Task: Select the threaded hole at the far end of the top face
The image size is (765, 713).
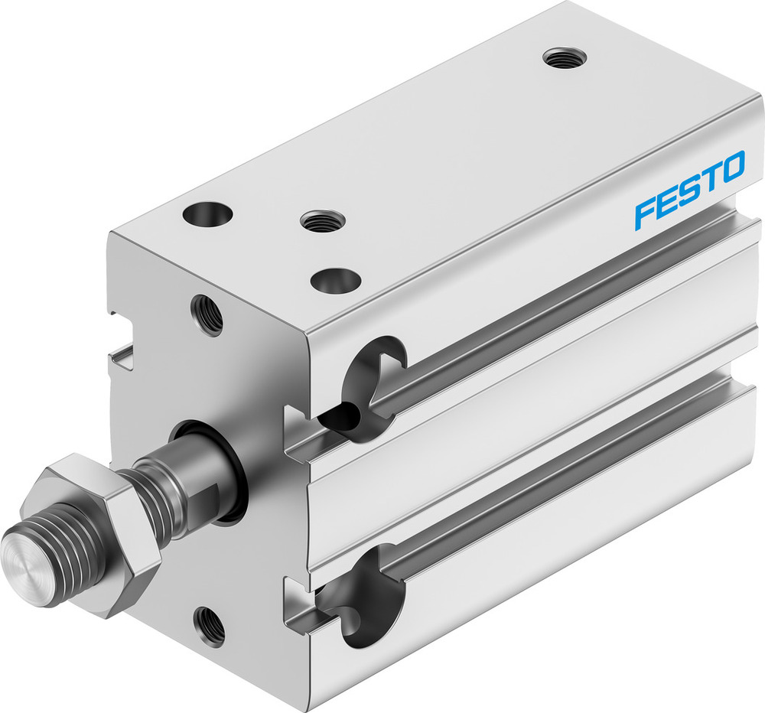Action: coord(565,58)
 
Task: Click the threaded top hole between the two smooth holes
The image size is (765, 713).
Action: coord(323,222)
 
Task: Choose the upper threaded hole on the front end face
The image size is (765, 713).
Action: coord(207,314)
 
